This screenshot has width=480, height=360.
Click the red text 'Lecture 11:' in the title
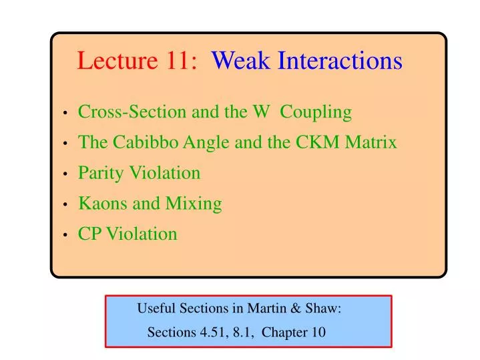[137, 61]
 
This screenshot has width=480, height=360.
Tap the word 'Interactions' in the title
[340, 61]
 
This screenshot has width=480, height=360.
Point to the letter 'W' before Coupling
[261, 112]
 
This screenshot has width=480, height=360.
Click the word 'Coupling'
[316, 112]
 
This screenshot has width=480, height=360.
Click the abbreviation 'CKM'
[325, 142]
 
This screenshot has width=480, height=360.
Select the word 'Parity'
[99, 173]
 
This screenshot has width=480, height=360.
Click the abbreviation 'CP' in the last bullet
[90, 234]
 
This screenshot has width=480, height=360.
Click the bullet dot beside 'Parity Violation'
[65, 174]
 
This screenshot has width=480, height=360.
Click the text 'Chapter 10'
[294, 333]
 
